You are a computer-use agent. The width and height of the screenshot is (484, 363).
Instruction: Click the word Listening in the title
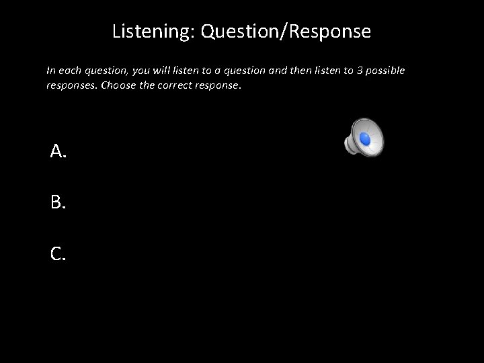[x=152, y=32]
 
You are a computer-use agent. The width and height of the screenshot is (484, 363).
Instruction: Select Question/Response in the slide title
[x=285, y=32]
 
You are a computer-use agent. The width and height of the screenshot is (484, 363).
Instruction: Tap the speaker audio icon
[x=364, y=136]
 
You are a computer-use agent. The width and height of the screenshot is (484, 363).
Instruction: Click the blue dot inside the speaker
[x=365, y=138]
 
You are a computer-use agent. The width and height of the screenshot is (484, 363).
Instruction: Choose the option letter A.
[x=58, y=152]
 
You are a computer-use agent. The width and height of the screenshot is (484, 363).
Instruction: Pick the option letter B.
[x=58, y=202]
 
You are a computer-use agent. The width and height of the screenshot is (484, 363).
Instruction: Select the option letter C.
[x=58, y=253]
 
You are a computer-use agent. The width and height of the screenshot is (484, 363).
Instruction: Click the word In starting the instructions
[x=50, y=71]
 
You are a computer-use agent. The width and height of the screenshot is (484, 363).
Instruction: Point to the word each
[x=70, y=71]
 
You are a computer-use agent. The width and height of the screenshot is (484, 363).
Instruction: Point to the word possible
[x=386, y=71]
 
